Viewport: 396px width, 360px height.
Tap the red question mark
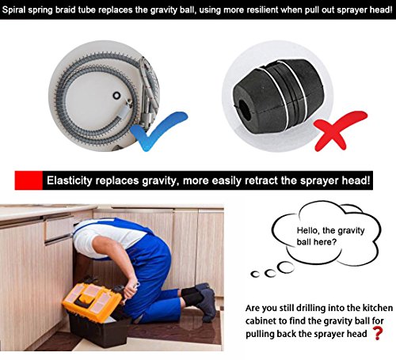(x=378, y=333)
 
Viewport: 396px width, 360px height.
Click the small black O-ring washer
(x=116, y=96)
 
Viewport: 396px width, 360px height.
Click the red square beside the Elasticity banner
(x=29, y=180)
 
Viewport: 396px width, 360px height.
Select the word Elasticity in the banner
(x=70, y=181)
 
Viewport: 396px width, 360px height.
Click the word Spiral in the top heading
(x=13, y=10)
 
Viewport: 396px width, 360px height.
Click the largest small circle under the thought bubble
(x=287, y=267)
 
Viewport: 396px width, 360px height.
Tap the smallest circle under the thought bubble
(x=254, y=275)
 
